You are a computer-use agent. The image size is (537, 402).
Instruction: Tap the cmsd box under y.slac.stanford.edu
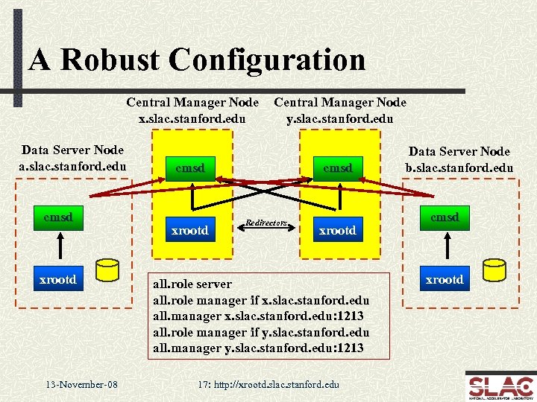coord(337,167)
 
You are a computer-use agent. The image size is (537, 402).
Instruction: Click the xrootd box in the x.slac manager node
coord(190,231)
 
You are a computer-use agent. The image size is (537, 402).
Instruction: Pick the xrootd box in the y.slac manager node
coord(337,231)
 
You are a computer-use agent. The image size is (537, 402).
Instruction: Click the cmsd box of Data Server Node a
coord(58,218)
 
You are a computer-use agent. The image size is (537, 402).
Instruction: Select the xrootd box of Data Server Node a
coord(58,279)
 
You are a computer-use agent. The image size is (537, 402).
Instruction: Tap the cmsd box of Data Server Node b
coord(445,217)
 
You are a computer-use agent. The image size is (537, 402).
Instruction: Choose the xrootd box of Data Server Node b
coord(445,279)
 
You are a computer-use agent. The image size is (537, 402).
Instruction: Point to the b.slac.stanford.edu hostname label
coord(459,167)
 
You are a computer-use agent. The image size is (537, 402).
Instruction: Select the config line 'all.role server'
coord(192,284)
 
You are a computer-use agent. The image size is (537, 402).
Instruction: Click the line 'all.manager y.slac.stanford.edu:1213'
coord(258,348)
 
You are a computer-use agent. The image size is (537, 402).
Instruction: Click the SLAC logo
coord(500,386)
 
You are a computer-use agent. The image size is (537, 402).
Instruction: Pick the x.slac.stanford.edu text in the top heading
coord(192,117)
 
